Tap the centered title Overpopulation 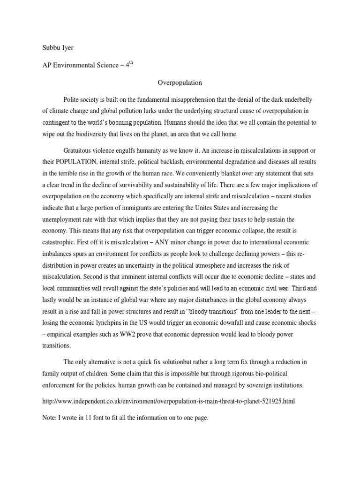pos(180,82)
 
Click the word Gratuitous pos(78,150)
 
